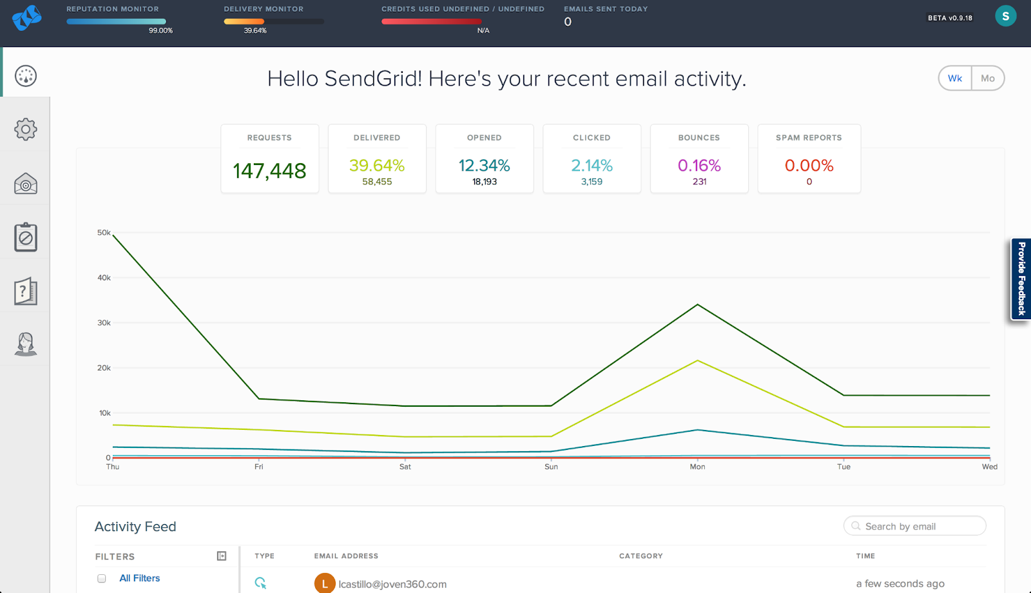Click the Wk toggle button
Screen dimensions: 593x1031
(955, 79)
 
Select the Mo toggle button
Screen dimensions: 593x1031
(988, 79)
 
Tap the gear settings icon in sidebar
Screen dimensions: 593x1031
(26, 130)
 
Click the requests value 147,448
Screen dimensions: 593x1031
(269, 171)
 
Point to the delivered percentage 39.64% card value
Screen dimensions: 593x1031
(377, 166)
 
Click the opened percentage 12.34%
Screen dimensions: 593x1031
(485, 166)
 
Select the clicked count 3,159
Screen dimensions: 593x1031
(592, 182)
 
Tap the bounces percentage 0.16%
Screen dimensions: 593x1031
(699, 166)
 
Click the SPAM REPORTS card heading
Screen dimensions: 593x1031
(809, 138)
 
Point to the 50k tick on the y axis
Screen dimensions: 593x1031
(104, 233)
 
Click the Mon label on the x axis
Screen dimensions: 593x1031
(697, 467)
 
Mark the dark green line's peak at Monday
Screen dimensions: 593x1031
(697, 305)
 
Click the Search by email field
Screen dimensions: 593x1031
(915, 526)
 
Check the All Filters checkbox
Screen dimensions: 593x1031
(102, 578)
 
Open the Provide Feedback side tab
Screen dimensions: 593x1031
(1021, 279)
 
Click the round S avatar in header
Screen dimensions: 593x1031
(1005, 16)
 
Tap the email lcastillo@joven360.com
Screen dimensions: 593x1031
(392, 584)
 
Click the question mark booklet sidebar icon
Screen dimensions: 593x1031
(26, 291)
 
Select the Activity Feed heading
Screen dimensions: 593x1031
(135, 527)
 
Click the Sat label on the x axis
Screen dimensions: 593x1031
(405, 467)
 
